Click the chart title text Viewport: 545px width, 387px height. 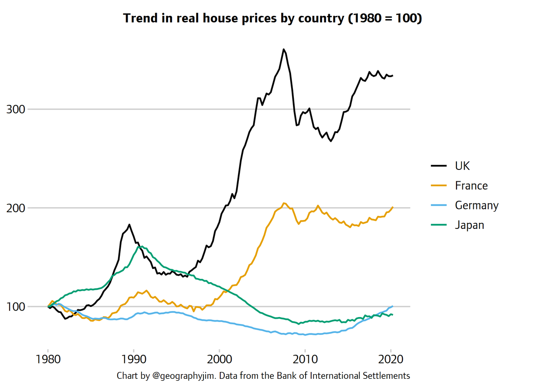pyautogui.click(x=272, y=19)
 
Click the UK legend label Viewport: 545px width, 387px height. pyautogui.click(x=462, y=166)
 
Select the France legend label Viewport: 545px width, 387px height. pyautogui.click(x=471, y=185)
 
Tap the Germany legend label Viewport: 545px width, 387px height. pyautogui.click(x=476, y=205)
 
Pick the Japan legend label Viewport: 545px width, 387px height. pyautogui.click(x=469, y=225)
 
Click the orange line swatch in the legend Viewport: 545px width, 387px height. pyautogui.click(x=439, y=186)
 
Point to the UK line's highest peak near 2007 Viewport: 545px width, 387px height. pyautogui.click(x=283, y=49)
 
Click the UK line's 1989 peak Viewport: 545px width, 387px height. pyautogui.click(x=129, y=224)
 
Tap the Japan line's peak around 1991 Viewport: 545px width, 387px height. pyautogui.click(x=140, y=247)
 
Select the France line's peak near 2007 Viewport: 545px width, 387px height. pyautogui.click(x=284, y=203)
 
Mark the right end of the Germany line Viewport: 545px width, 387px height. pyautogui.click(x=392, y=306)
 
